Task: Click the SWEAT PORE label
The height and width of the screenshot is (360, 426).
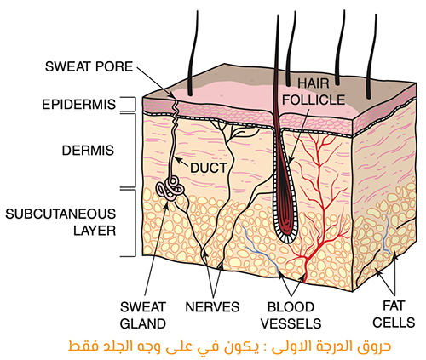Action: (89, 66)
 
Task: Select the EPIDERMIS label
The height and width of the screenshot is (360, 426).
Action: (79, 105)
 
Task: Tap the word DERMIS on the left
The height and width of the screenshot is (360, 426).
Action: (88, 151)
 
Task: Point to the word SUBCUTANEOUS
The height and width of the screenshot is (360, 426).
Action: (60, 214)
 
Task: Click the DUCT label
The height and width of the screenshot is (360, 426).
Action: (209, 168)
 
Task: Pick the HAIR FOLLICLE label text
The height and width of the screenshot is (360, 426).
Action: (314, 92)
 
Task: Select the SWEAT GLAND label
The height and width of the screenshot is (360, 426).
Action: (143, 315)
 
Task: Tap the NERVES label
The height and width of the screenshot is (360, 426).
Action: (212, 307)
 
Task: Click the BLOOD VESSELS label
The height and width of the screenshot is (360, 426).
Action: (291, 315)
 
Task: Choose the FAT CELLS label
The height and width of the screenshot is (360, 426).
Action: (394, 314)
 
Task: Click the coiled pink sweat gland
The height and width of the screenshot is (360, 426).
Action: (170, 189)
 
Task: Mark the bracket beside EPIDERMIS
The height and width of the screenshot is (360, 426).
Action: (131, 104)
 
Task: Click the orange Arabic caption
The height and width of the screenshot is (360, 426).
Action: (229, 346)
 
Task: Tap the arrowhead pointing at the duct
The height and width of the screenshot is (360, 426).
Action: (177, 160)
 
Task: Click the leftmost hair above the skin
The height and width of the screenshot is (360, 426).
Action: (193, 54)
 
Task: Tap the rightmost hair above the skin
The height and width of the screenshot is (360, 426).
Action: (371, 56)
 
